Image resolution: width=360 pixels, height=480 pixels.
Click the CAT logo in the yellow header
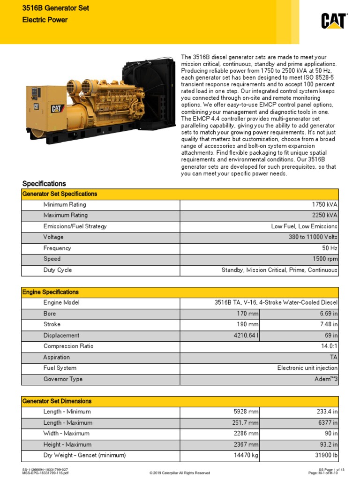tap(334, 21)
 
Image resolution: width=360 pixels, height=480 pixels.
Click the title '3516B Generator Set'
tap(56, 8)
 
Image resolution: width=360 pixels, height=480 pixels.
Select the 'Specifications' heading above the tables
tap(44, 184)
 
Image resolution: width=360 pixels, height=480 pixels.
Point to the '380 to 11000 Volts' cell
tap(313, 237)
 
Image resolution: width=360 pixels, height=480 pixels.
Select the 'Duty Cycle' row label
tap(58, 270)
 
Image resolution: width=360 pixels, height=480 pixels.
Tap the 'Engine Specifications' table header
tap(51, 292)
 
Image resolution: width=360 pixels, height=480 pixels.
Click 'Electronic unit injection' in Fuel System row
tap(307, 368)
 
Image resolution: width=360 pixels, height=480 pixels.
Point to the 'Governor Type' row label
tap(63, 379)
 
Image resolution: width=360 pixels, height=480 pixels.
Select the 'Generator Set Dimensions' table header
tap(57, 401)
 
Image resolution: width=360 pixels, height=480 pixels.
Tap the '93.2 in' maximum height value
tap(327, 444)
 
